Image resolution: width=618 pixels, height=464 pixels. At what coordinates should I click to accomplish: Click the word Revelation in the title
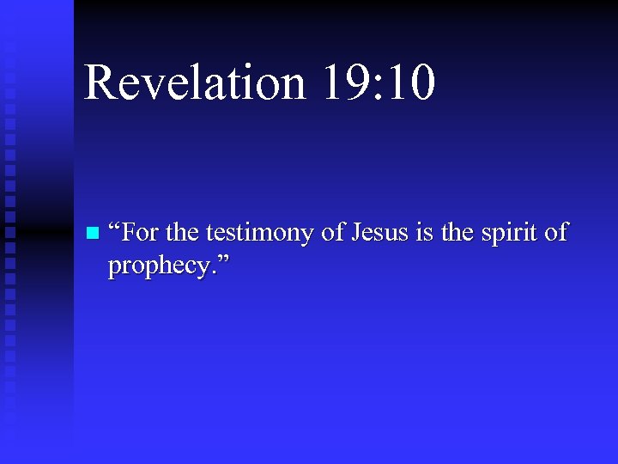(194, 83)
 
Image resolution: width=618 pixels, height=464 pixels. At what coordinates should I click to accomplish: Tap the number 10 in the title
(410, 83)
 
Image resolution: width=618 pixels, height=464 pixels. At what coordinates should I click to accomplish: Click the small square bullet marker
(93, 233)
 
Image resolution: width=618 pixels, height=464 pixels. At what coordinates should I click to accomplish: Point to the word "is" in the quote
(423, 233)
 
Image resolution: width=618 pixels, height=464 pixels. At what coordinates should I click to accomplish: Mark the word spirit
(512, 235)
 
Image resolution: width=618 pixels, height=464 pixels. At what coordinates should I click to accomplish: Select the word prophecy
(158, 268)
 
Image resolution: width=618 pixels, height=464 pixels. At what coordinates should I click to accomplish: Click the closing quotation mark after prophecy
(225, 259)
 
